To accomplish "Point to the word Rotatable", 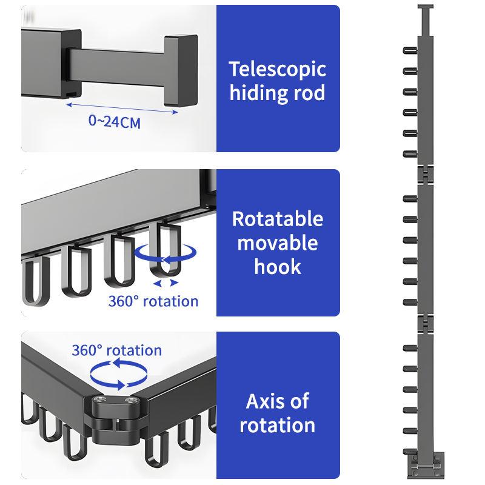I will (278, 218).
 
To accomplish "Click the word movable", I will (278, 242).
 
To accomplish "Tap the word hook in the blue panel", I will (278, 267).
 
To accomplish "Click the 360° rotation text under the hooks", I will (153, 301).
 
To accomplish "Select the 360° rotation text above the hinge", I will (116, 350).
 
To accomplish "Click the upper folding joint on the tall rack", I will (427, 175).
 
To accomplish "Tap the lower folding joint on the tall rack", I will (427, 324).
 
